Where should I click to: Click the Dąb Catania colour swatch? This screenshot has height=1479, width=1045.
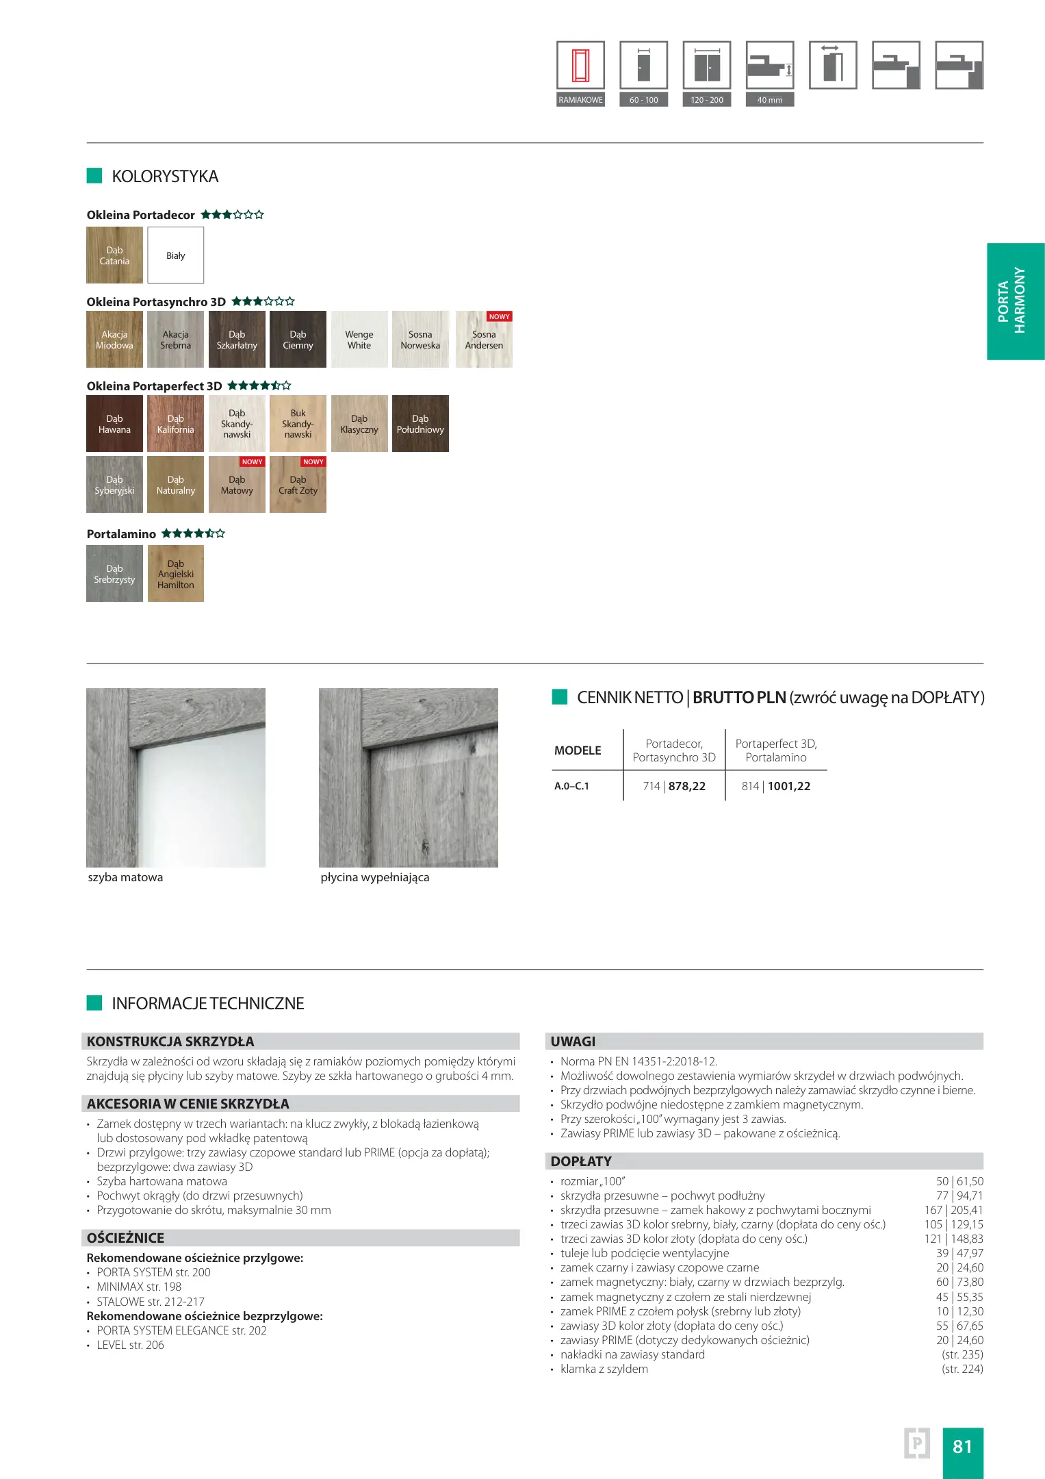[114, 255]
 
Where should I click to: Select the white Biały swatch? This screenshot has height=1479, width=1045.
[176, 255]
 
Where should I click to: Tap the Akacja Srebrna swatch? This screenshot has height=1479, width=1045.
[176, 340]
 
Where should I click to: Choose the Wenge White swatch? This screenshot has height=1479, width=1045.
[359, 340]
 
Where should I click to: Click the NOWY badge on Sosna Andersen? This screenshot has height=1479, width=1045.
[499, 317]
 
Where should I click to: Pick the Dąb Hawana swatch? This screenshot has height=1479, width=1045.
[114, 424]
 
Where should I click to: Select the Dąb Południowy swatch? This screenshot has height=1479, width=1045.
[420, 424]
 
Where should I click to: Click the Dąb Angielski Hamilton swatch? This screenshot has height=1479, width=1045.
[176, 574]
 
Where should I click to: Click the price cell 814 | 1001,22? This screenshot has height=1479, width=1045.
[776, 786]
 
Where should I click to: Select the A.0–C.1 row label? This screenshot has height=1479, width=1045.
[571, 786]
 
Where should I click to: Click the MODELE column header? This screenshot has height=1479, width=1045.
[578, 750]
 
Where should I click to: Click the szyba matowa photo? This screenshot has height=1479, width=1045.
[176, 778]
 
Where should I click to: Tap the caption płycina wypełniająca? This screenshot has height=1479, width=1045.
[375, 877]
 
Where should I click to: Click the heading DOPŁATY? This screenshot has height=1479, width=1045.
[581, 1161]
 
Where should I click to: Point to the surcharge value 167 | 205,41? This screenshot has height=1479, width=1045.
[953, 1210]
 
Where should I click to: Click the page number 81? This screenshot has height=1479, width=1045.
[962, 1446]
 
